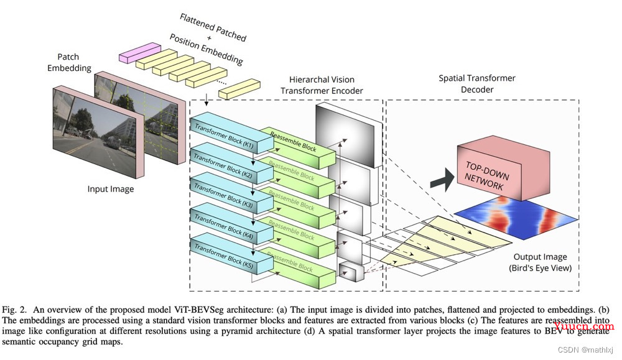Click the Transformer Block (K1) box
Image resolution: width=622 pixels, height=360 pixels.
[232, 133]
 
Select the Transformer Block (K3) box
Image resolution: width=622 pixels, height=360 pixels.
[232, 194]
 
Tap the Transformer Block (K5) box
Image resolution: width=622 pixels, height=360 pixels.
[232, 254]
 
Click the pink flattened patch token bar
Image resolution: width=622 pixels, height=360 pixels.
[140, 52]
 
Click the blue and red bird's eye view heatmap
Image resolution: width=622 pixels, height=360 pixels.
[516, 218]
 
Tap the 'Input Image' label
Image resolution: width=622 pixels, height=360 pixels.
[111, 189]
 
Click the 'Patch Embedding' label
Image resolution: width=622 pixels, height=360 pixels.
[69, 62]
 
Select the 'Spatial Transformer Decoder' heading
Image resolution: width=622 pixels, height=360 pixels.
[477, 84]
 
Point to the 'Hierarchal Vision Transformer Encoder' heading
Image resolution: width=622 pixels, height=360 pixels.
[322, 85]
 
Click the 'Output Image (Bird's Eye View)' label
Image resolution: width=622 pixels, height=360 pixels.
[541, 262]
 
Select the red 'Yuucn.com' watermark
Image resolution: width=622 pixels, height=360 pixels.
[583, 326]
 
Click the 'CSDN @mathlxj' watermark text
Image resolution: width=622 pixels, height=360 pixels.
[585, 349]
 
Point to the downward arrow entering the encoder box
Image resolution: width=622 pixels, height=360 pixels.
[207, 100]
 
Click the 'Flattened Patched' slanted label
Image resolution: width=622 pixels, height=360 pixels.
[213, 27]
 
